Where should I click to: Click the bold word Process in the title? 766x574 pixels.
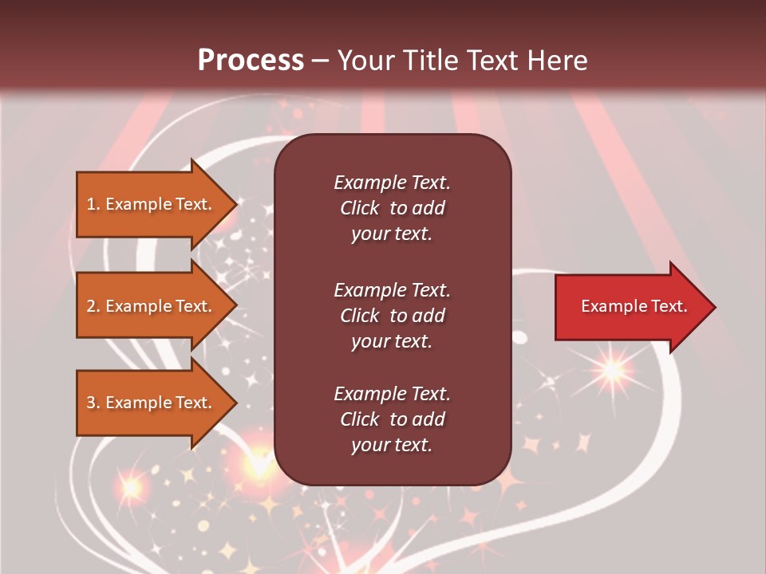[x=251, y=61]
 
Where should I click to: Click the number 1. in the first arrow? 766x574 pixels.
[x=93, y=204]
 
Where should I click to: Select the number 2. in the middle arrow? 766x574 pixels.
[x=93, y=306]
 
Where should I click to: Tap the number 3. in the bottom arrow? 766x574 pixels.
[x=93, y=403]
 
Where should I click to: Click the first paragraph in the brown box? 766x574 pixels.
[x=392, y=208]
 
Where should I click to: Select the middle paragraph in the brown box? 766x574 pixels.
[x=392, y=315]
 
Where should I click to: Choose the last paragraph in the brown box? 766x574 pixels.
[x=392, y=419]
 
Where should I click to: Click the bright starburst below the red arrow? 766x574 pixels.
[x=613, y=370]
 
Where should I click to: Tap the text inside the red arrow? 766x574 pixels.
[x=634, y=306]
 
